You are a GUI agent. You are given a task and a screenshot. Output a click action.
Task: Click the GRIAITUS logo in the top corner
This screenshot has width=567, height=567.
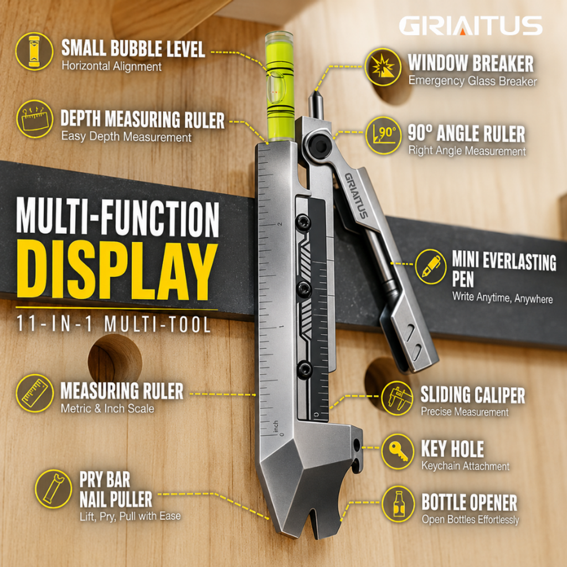471,25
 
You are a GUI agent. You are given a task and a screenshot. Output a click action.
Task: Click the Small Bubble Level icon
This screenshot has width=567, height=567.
34,51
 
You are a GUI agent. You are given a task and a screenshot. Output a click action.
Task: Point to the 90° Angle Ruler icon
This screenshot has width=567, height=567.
384,136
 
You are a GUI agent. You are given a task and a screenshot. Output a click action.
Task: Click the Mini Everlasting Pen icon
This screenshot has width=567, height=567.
431,267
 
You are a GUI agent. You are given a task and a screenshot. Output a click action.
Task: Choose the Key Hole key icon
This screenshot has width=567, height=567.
398,451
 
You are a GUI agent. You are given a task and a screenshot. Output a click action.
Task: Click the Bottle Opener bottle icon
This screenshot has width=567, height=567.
398,504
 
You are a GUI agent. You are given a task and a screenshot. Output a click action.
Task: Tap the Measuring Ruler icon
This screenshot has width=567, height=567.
35,393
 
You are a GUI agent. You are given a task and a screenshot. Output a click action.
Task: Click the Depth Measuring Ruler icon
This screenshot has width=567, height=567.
35,119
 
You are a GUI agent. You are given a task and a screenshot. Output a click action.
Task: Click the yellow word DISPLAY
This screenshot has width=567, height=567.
117,270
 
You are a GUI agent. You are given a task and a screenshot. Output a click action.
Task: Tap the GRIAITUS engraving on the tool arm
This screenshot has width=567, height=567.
356,195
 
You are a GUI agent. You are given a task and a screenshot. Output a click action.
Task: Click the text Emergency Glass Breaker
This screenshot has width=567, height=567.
473,81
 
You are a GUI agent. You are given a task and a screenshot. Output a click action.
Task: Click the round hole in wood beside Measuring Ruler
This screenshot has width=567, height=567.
115,358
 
